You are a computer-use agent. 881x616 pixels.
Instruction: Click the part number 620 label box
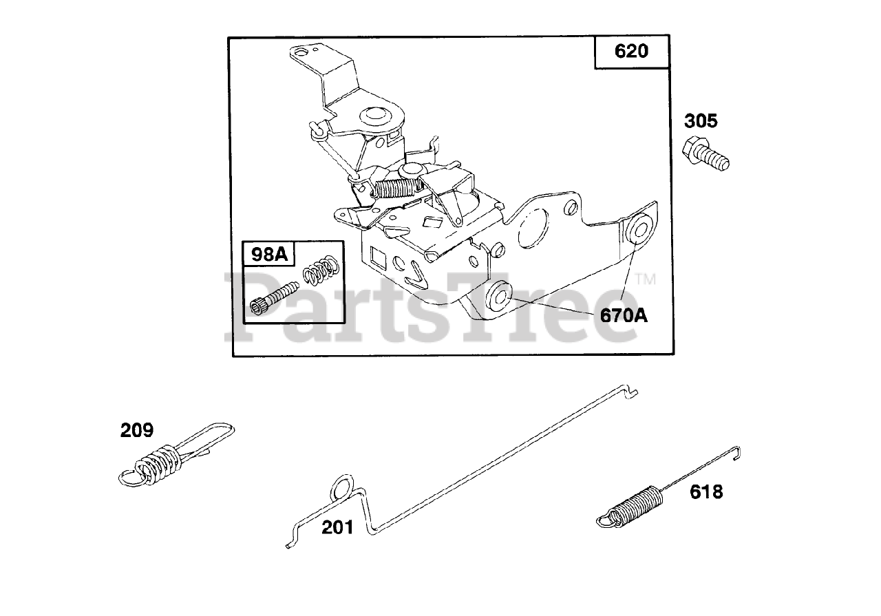click(x=632, y=52)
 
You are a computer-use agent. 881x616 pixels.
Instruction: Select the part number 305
click(x=700, y=122)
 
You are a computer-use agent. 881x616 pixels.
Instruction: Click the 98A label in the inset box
click(x=269, y=255)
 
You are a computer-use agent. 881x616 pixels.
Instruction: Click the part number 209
click(x=137, y=431)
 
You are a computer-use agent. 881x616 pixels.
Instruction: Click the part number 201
click(x=338, y=527)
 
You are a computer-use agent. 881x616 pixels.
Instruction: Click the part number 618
click(x=706, y=492)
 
